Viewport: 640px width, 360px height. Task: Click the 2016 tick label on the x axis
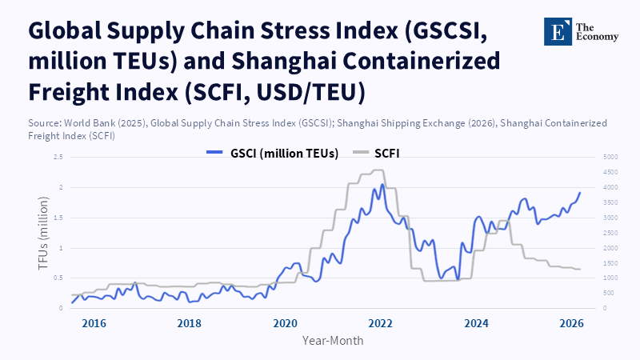(94, 323)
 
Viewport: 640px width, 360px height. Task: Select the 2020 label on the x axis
(285, 323)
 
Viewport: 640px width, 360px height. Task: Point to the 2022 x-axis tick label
(381, 323)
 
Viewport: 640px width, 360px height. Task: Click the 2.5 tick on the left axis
(58, 157)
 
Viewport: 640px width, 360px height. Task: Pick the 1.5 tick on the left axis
(58, 218)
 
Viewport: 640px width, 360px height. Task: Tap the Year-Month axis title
(333, 340)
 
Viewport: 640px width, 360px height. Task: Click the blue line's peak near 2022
(382, 185)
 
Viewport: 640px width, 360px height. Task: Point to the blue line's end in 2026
(580, 193)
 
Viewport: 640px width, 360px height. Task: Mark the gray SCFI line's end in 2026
(580, 269)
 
